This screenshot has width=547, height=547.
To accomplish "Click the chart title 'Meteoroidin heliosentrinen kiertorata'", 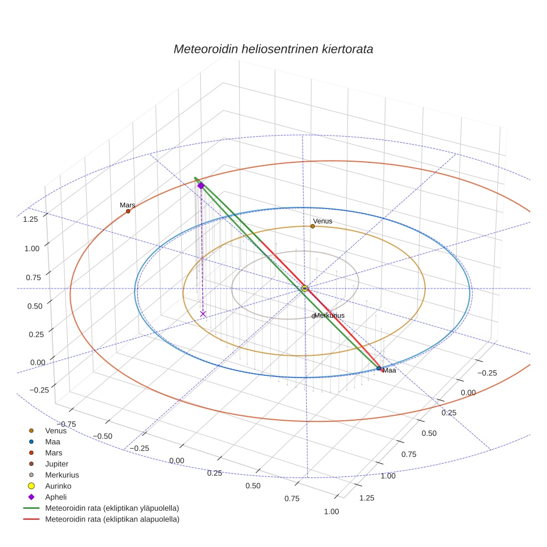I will click(273, 49).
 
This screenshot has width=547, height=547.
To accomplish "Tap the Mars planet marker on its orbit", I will click(128, 211).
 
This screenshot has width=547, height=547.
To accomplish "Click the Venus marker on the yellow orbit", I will click(312, 226).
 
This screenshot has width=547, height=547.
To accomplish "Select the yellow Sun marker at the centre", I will click(305, 289).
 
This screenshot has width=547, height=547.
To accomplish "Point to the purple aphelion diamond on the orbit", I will click(201, 186).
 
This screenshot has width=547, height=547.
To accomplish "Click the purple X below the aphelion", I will click(203, 314).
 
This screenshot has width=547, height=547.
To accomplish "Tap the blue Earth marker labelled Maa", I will click(379, 369).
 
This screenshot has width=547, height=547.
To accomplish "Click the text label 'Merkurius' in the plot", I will click(329, 316).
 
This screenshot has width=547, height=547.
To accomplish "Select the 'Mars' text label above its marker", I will click(127, 205).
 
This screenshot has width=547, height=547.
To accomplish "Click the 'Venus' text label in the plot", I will click(322, 221).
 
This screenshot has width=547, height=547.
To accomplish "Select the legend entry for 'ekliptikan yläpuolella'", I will click(112, 508).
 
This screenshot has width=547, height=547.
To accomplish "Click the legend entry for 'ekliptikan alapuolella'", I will click(112, 520).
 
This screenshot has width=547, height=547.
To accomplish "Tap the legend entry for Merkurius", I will click(62, 475).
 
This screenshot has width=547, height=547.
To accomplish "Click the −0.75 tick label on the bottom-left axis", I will click(66, 424).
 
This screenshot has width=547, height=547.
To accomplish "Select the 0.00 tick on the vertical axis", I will click(37, 362).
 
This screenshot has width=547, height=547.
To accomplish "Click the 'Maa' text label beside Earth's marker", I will click(389, 371).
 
